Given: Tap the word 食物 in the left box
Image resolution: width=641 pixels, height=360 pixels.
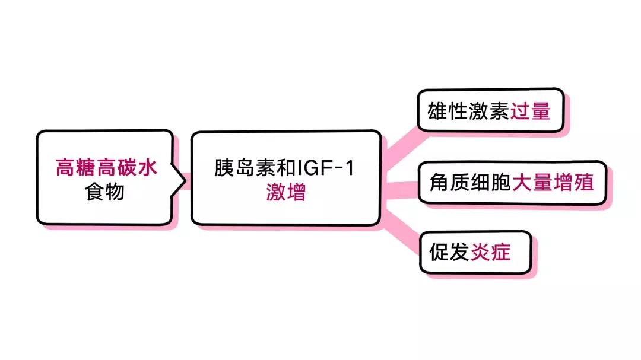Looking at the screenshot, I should pyautogui.click(x=105, y=192).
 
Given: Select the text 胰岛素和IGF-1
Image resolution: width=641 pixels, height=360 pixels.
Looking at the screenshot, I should pyautogui.click(x=284, y=168).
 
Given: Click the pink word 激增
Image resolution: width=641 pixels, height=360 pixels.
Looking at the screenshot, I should pyautogui.click(x=285, y=192).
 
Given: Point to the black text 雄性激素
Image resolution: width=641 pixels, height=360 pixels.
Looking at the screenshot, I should pyautogui.click(x=468, y=111).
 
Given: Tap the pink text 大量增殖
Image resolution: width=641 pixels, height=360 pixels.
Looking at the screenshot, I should pyautogui.click(x=551, y=182).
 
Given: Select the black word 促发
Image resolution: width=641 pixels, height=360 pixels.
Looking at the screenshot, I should pyautogui.click(x=449, y=252).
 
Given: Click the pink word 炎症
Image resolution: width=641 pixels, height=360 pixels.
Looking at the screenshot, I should pyautogui.click(x=490, y=252).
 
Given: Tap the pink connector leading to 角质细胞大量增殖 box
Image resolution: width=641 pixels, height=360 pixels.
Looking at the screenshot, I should pyautogui.click(x=400, y=189).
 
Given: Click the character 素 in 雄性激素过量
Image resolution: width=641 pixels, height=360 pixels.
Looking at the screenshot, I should pyautogui.click(x=499, y=111).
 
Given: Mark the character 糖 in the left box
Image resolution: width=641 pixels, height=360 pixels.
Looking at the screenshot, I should pyautogui.click(x=85, y=168).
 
